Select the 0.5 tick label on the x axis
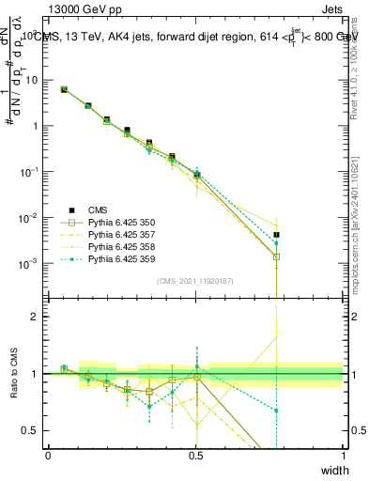[195, 455]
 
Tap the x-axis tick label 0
[48, 455]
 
